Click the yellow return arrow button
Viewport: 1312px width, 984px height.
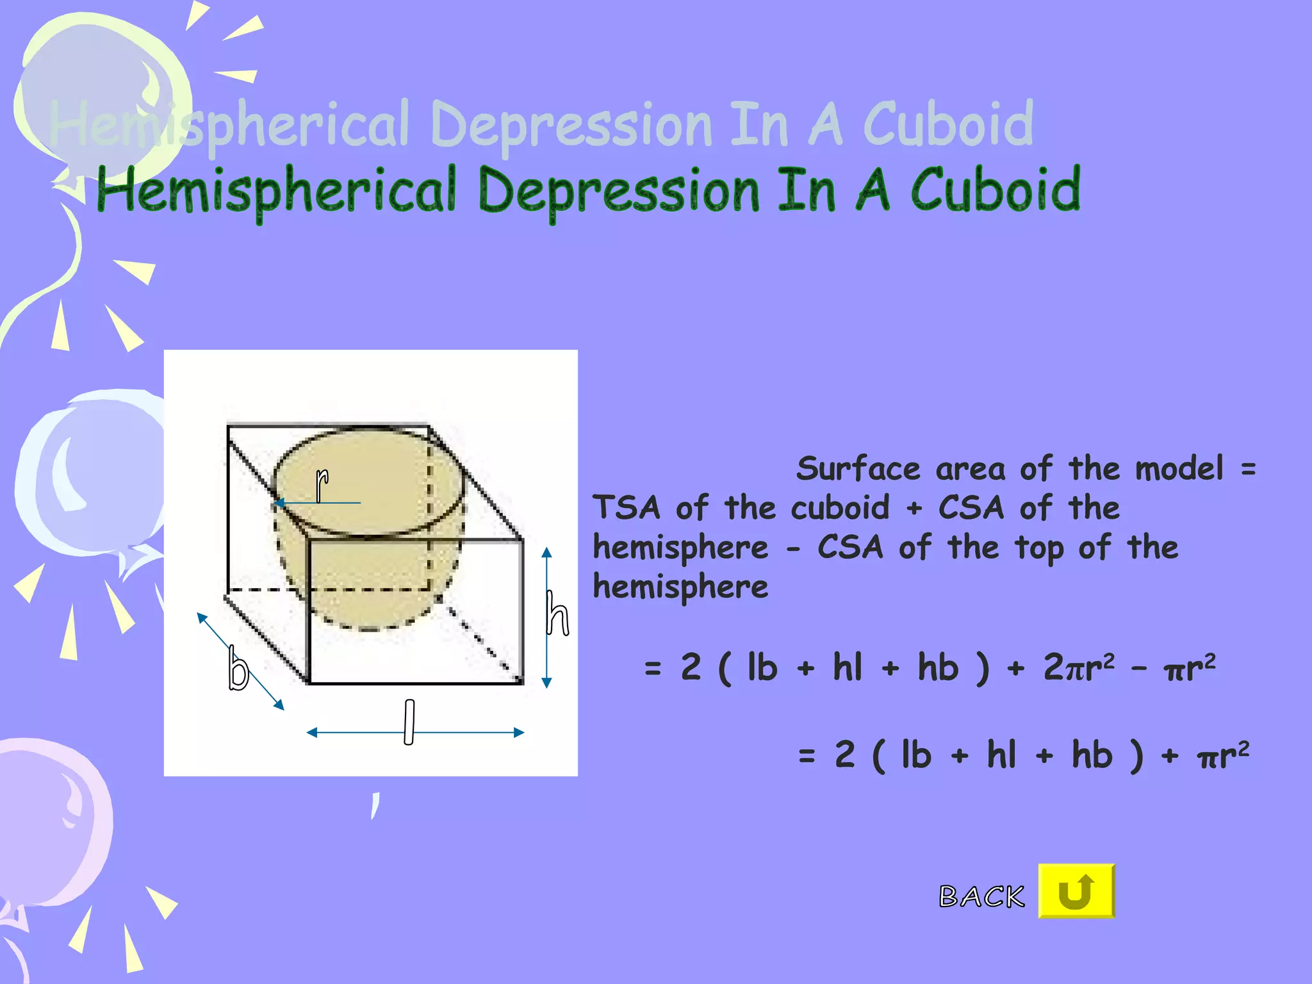[x=1076, y=891]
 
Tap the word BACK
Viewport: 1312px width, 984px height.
[x=981, y=896]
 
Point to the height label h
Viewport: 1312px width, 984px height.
[x=557, y=614]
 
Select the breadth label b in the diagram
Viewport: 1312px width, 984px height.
[x=238, y=668]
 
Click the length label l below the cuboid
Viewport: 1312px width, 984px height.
[x=409, y=722]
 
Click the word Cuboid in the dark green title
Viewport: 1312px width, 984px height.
[x=995, y=190]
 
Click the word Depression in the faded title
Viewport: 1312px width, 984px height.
[x=571, y=124]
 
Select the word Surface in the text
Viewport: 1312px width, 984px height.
[x=858, y=469]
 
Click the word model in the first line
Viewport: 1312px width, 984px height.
[x=1179, y=469]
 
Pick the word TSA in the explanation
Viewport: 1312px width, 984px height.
[x=626, y=508]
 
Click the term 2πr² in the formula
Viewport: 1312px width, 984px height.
[x=1079, y=667]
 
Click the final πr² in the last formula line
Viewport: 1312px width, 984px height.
[x=1222, y=755]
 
